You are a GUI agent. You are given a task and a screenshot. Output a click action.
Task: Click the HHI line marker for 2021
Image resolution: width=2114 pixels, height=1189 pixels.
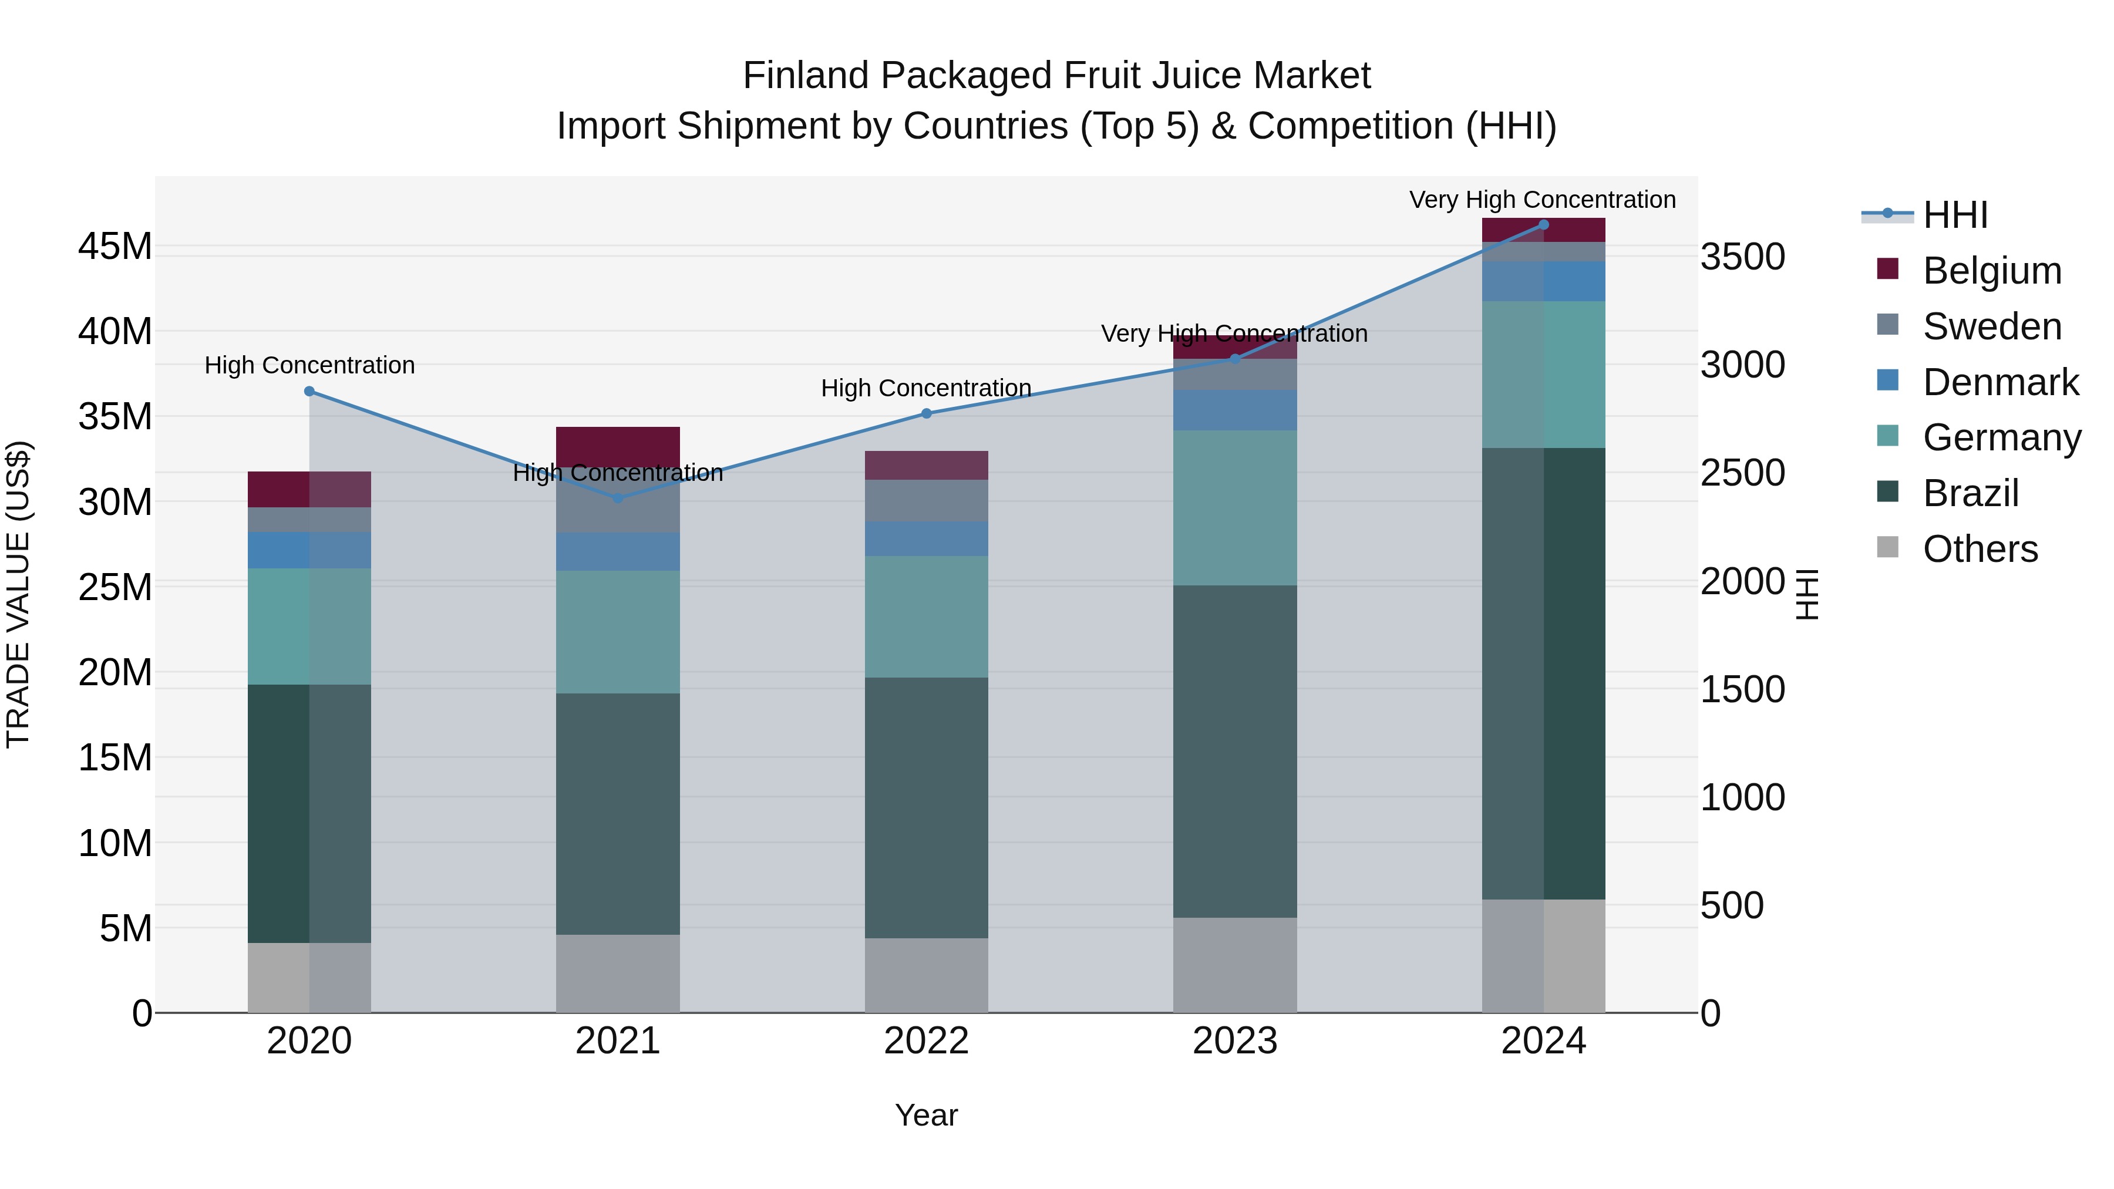tap(618, 497)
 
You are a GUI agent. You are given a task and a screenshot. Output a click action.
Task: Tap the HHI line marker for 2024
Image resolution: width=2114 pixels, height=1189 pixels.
tap(1544, 225)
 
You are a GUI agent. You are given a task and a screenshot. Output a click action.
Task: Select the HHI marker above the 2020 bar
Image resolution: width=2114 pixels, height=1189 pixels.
tap(309, 392)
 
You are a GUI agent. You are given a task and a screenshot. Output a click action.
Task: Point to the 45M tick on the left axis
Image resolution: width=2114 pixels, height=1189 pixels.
tap(115, 246)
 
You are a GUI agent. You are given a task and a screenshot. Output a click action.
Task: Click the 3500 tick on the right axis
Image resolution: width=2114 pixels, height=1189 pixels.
tap(1742, 257)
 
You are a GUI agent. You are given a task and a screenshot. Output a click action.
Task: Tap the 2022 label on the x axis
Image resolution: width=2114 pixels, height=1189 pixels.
tap(927, 1041)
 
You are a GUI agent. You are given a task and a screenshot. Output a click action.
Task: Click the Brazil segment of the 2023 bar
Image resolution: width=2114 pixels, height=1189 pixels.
tap(1235, 751)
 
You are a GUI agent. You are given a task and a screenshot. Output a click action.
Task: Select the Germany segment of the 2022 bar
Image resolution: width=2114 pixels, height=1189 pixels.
tap(927, 617)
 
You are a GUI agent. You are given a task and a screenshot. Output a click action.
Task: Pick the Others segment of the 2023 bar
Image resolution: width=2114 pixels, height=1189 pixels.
tap(1235, 964)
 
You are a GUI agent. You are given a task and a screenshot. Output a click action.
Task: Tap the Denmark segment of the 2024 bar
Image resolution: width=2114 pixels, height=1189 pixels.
tap(1544, 281)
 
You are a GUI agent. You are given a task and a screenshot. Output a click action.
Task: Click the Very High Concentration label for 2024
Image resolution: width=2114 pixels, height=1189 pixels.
tap(1542, 200)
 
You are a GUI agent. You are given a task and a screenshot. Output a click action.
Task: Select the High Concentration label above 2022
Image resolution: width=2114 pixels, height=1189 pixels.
tap(925, 388)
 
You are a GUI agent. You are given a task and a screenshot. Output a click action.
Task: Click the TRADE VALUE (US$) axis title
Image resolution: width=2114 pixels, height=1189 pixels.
tap(18, 594)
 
